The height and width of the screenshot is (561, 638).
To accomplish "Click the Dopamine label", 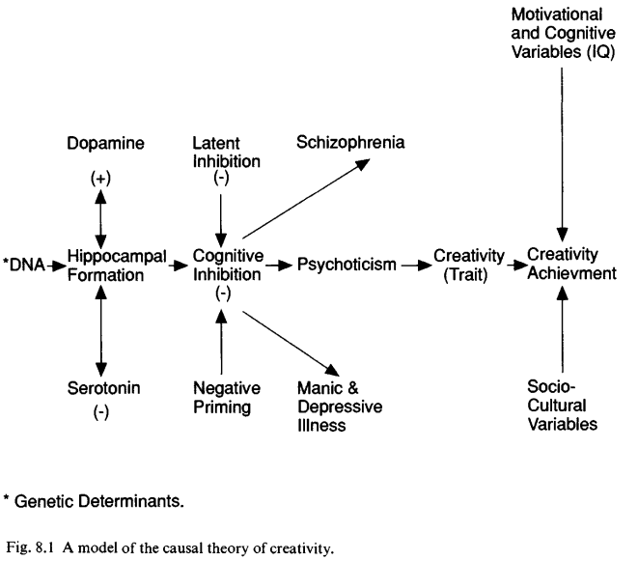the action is (x=105, y=143).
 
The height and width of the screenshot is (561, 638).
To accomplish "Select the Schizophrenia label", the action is (x=350, y=143).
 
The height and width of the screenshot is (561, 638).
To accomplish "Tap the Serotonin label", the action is (x=103, y=388).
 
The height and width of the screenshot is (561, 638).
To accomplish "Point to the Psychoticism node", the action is (x=347, y=265).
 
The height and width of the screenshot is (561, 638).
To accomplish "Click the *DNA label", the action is (x=24, y=265).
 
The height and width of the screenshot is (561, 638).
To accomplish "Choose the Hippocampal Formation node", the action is (x=117, y=266).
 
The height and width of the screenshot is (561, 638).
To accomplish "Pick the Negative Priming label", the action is (x=227, y=398).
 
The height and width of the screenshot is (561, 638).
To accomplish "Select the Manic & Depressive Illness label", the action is (x=340, y=407).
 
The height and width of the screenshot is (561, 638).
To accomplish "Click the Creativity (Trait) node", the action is (x=469, y=265).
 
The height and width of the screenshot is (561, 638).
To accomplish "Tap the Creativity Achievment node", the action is (x=571, y=264).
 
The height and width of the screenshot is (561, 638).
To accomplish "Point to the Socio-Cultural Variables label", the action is (x=563, y=406).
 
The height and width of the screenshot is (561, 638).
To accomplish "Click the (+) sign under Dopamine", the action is (x=100, y=179).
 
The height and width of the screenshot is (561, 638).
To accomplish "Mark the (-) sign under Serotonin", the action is (x=101, y=412).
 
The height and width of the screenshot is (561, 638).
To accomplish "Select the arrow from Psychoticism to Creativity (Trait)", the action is (x=416, y=266).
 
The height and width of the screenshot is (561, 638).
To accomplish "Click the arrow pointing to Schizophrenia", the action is (x=306, y=198).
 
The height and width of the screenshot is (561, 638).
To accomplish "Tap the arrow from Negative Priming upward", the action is (x=221, y=342).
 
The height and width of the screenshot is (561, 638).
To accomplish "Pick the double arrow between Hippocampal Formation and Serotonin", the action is (x=100, y=330).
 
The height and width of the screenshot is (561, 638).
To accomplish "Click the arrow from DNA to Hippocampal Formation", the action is (x=56, y=266).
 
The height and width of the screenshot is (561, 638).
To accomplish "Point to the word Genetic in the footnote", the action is (x=44, y=501).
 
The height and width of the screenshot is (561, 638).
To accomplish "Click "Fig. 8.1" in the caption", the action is (x=30, y=548).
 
